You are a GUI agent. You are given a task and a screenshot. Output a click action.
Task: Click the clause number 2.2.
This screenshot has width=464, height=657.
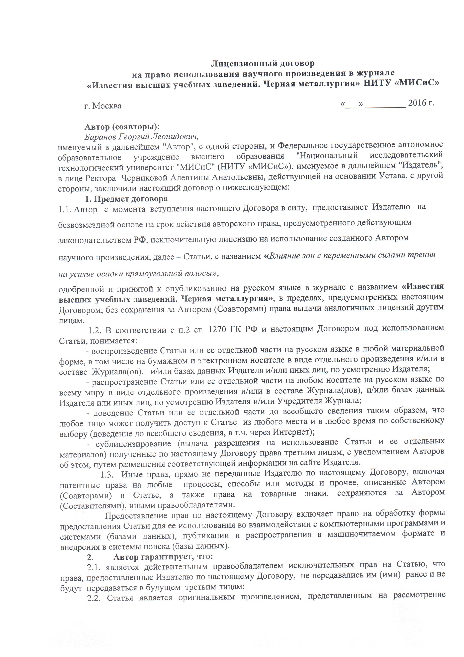click(x=94, y=598)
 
